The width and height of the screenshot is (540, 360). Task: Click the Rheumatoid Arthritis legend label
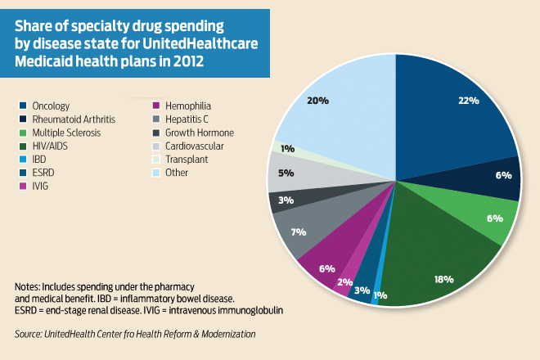pos(69,119)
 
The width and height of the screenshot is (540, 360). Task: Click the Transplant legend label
pos(187,160)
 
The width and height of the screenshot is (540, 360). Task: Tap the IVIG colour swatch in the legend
pos(24,187)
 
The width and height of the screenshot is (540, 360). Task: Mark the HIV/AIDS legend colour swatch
pos(24,146)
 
